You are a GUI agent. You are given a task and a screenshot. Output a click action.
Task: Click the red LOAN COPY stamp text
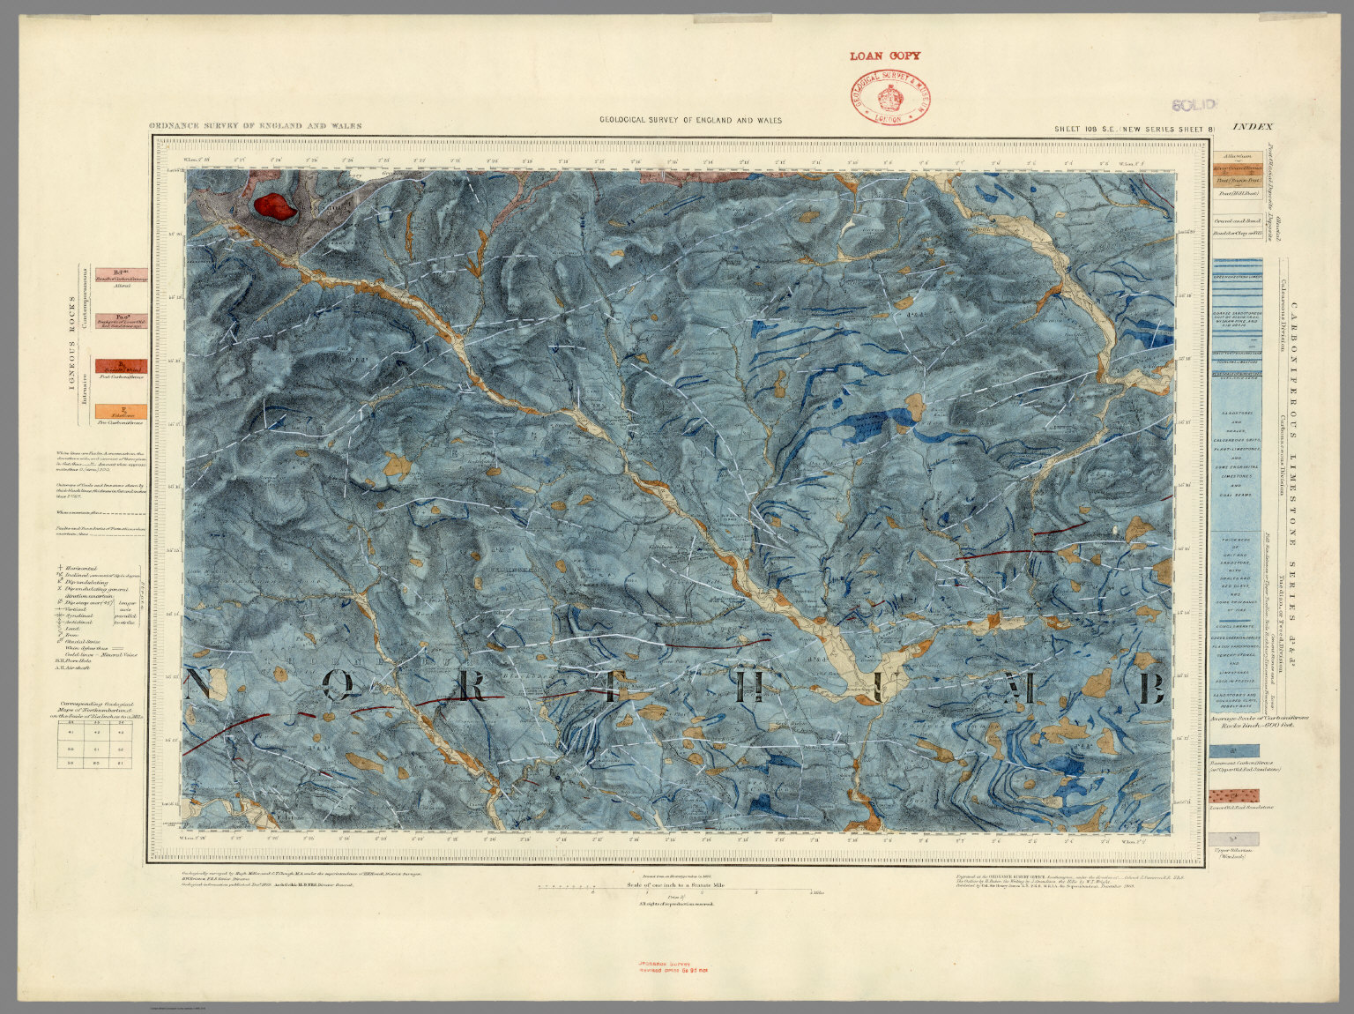click(884, 56)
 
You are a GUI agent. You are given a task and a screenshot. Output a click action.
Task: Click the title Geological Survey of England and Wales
click(690, 121)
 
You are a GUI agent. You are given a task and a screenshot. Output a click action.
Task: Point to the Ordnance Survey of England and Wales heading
click(255, 126)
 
